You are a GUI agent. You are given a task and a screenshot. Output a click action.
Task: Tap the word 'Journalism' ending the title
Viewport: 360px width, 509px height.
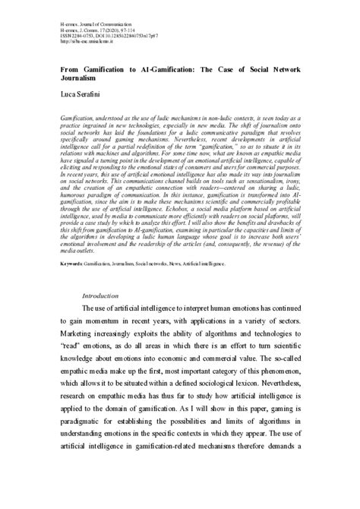[80, 77]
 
